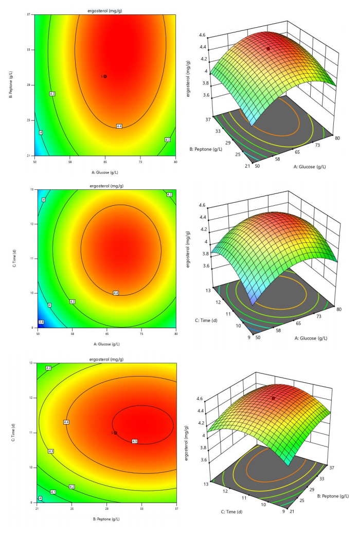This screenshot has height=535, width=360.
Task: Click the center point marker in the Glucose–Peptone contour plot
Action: pyautogui.click(x=105, y=76)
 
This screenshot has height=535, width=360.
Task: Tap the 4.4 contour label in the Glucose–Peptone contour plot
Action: pyautogui.click(x=119, y=126)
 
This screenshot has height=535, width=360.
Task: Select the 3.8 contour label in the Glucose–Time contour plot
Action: pyautogui.click(x=41, y=322)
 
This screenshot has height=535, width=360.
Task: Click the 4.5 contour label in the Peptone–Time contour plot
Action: pyautogui.click(x=135, y=441)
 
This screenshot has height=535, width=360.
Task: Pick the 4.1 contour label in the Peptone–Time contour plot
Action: pyautogui.click(x=52, y=492)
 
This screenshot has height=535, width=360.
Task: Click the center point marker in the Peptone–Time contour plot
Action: pyautogui.click(x=115, y=433)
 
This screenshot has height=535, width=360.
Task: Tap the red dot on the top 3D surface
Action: pyautogui.click(x=268, y=48)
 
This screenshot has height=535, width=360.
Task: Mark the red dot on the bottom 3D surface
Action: pyautogui.click(x=273, y=398)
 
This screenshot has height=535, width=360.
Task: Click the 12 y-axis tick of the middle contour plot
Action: pyautogui.click(x=31, y=224)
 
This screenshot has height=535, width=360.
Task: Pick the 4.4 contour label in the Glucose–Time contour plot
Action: pyautogui.click(x=116, y=293)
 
